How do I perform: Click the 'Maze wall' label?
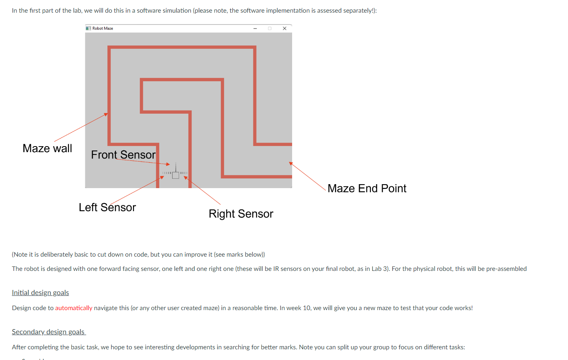(47, 148)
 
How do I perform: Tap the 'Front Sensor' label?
(123, 154)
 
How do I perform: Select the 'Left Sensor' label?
(107, 207)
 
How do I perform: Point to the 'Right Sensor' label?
(241, 214)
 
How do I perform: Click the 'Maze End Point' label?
(367, 189)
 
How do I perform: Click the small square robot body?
(176, 175)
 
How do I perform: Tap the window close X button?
(284, 29)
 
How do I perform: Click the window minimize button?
(255, 29)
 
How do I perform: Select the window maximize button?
(270, 29)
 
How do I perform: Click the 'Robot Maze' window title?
(103, 29)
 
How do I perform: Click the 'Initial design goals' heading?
(40, 293)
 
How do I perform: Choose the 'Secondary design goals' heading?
(48, 332)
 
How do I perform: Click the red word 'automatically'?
(74, 308)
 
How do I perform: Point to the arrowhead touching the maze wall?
(106, 114)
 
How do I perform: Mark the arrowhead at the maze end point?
(291, 163)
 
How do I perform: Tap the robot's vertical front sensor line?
(176, 167)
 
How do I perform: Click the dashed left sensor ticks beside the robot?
(167, 173)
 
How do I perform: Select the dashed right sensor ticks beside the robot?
(184, 173)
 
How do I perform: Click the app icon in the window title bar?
(88, 29)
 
